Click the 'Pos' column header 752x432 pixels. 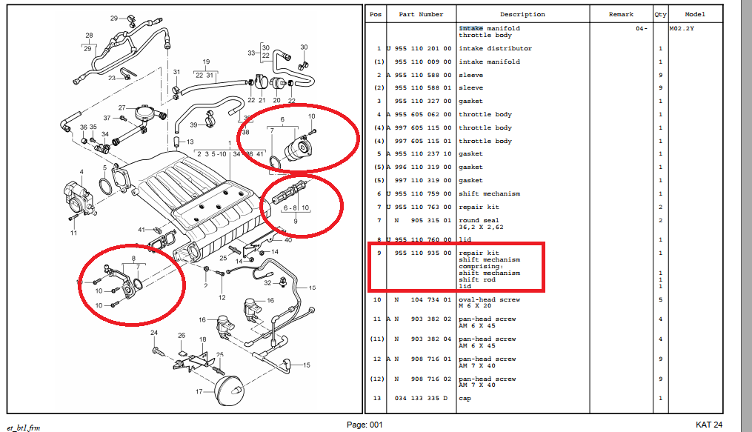point(376,14)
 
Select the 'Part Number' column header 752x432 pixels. point(421,14)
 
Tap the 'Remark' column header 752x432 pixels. point(621,14)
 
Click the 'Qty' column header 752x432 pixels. point(660,14)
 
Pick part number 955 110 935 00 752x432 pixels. point(423,253)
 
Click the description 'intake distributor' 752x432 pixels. point(496,48)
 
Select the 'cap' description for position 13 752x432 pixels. point(465,399)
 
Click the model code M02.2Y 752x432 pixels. point(682,28)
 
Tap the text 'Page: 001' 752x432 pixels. point(365,425)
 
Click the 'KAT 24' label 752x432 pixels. point(709,425)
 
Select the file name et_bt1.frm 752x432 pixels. point(24,428)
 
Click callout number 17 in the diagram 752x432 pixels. point(199,392)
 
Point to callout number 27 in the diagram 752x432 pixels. point(122,108)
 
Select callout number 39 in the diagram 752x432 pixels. point(193,124)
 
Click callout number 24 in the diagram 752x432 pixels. point(154,332)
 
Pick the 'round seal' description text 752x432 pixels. point(479,221)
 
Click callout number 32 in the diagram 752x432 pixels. point(267,283)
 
